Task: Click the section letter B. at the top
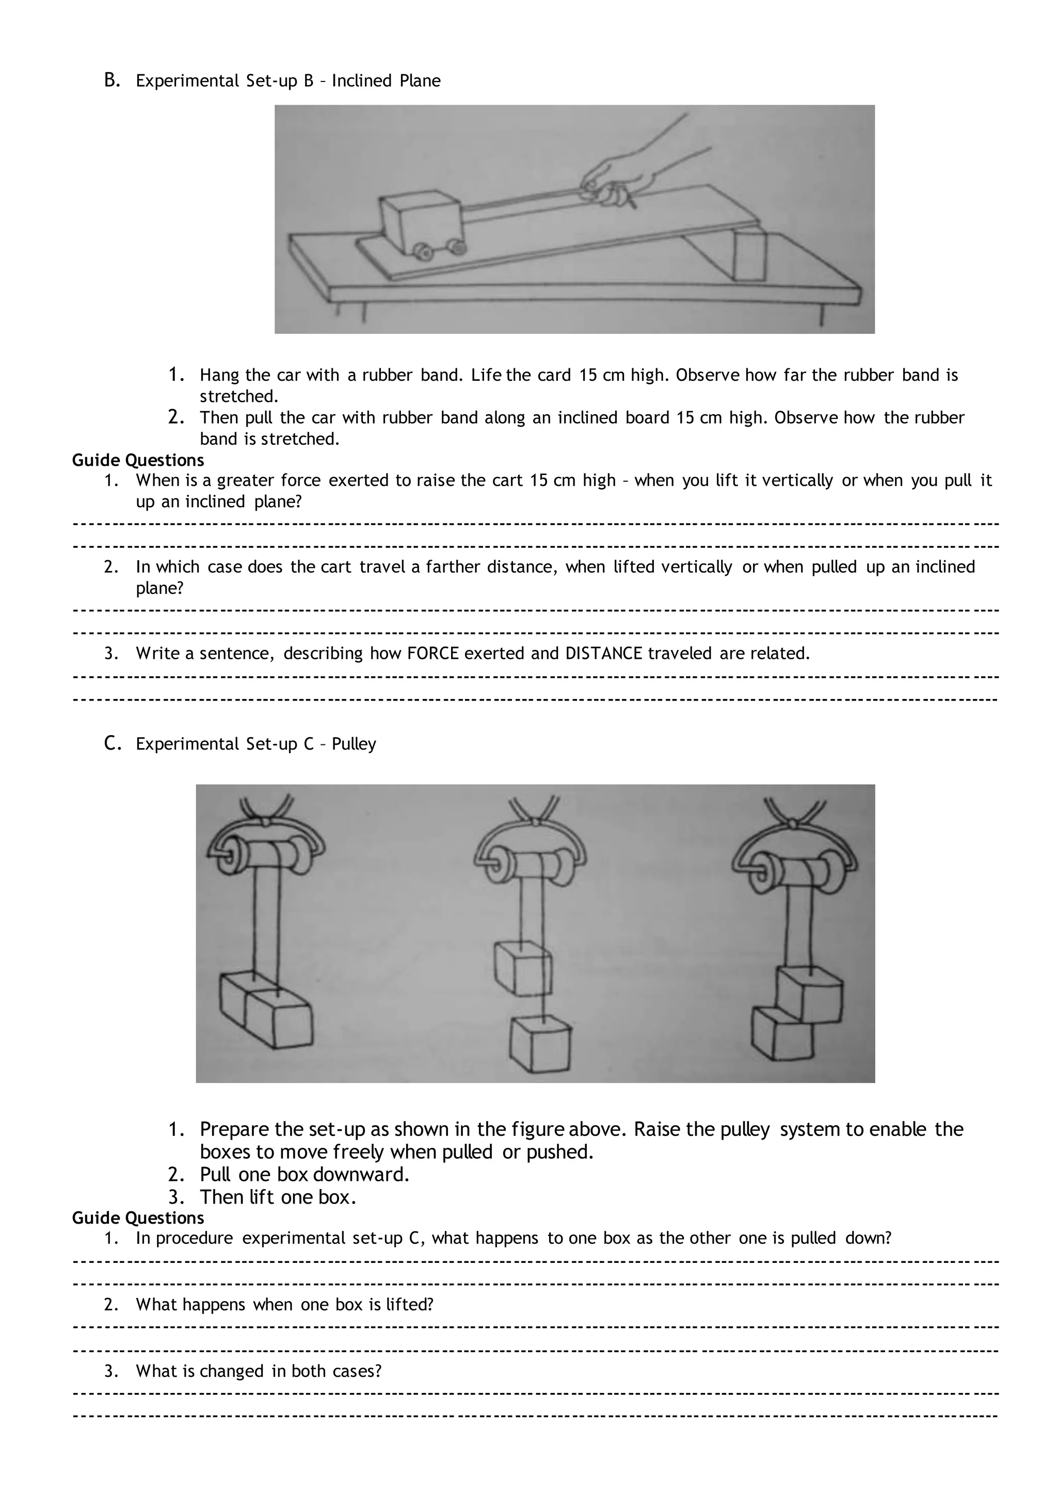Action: tap(112, 80)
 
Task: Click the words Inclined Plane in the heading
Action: tap(386, 80)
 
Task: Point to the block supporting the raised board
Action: tap(749, 256)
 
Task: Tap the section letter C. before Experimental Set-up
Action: tap(113, 743)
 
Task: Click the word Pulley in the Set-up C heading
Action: tap(354, 744)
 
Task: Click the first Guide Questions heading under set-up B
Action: tap(138, 460)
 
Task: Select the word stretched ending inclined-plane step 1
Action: tap(238, 396)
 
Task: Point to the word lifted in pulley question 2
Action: tap(409, 1305)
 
